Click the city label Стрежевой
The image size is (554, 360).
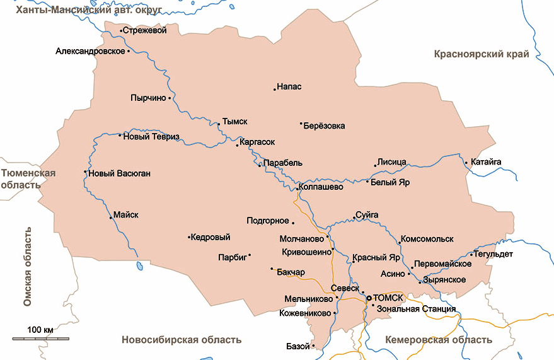144,30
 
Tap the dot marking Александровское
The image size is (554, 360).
129,51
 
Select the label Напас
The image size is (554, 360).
289,86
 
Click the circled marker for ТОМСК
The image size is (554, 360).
369,298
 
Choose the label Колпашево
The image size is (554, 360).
321,187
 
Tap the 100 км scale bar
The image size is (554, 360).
40,339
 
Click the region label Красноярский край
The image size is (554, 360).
481,54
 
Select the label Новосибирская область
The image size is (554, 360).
182,340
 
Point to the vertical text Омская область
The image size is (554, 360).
27,269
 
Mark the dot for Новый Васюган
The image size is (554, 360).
85,172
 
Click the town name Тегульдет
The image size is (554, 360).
495,254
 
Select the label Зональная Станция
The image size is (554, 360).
416,309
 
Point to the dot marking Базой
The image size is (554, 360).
313,346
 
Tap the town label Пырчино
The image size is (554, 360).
148,98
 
